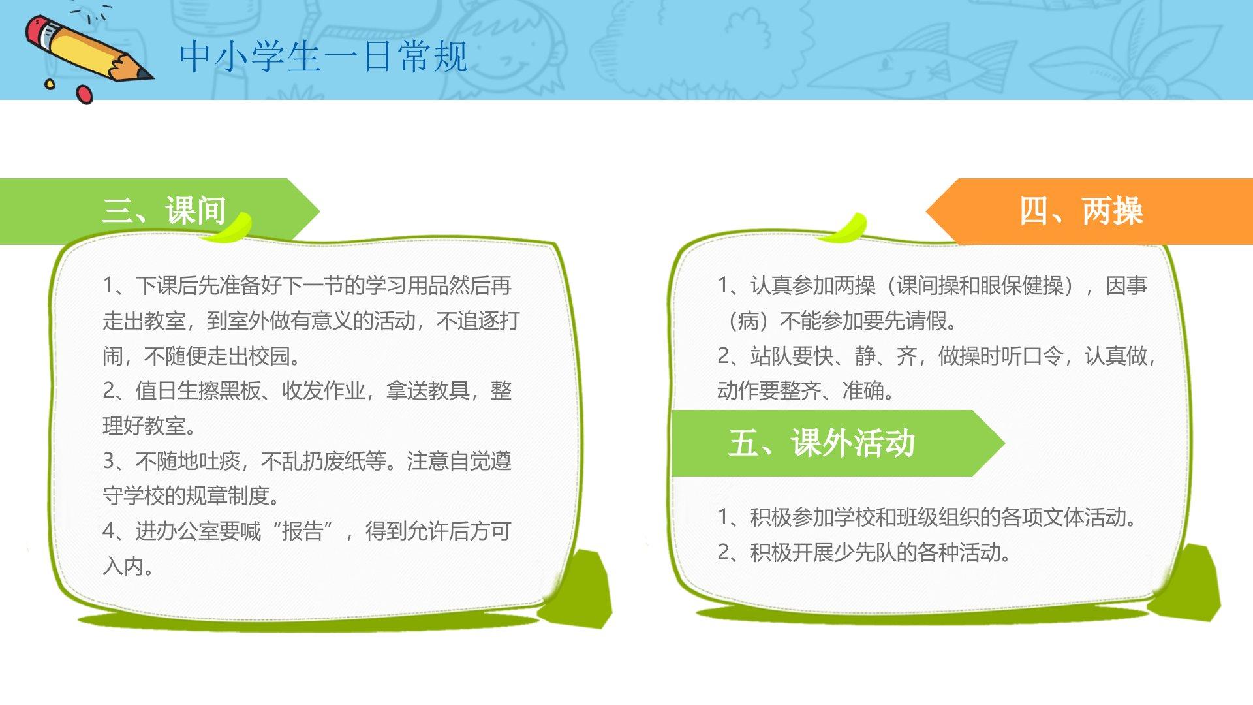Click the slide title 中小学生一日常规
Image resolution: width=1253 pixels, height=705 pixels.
(x=324, y=57)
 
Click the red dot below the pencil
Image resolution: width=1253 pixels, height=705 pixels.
(x=85, y=94)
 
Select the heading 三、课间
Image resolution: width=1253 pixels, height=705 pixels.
(x=164, y=210)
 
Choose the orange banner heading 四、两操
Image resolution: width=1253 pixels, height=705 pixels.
(x=1081, y=211)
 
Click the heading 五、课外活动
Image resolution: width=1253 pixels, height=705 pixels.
(x=822, y=443)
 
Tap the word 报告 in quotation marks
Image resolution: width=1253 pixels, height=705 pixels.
(x=302, y=531)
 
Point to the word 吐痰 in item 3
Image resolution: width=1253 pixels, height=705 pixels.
(x=219, y=461)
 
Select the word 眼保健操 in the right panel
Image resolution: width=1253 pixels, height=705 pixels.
(x=1022, y=285)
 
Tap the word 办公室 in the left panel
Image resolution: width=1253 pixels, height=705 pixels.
(x=187, y=531)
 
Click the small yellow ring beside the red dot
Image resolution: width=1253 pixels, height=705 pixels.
(x=50, y=84)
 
